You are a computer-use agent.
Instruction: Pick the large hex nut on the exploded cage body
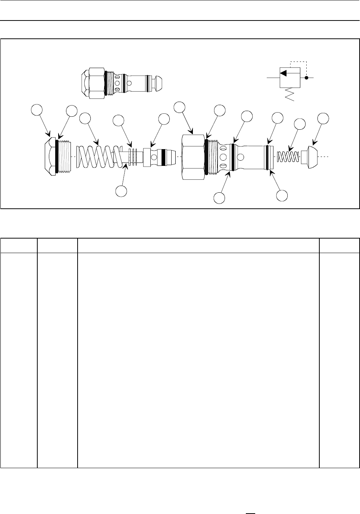coord(193,157)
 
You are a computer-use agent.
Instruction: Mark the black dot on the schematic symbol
coord(306,78)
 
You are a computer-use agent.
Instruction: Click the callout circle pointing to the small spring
coord(300,124)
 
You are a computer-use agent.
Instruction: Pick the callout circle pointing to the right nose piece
coord(323,119)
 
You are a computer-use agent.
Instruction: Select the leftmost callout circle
coord(36,110)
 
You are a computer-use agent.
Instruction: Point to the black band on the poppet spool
coord(163,157)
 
